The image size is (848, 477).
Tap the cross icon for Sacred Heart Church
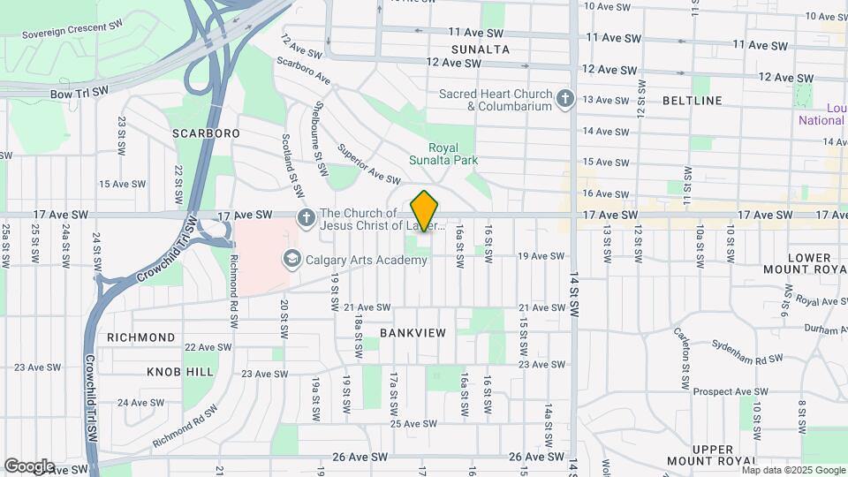click(565, 100)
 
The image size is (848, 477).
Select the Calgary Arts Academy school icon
click(290, 259)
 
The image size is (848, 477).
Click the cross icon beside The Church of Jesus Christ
click(306, 217)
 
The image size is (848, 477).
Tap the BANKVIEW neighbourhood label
click(413, 332)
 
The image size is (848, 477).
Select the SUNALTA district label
click(481, 49)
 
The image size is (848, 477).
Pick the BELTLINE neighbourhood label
click(693, 101)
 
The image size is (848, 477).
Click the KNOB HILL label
click(181, 372)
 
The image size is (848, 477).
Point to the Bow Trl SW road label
click(79, 91)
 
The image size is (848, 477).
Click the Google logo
click(29, 466)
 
